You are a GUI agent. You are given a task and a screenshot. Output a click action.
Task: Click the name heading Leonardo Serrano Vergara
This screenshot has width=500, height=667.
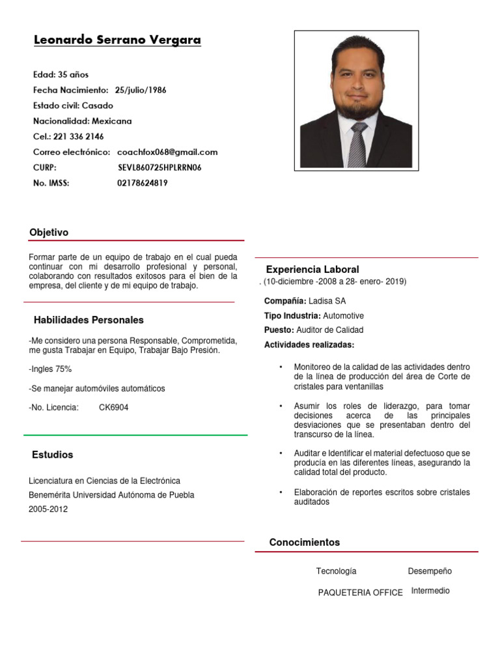(117, 40)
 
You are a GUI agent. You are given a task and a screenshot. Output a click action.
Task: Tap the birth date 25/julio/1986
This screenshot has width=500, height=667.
(141, 90)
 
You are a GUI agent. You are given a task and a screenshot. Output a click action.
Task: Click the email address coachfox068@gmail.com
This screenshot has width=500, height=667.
(167, 152)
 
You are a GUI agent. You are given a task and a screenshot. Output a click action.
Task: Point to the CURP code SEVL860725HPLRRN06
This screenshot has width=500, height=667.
(160, 168)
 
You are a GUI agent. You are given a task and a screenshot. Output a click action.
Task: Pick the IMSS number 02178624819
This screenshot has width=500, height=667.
(143, 184)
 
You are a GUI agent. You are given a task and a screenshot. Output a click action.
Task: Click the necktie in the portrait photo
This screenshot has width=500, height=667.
(357, 145)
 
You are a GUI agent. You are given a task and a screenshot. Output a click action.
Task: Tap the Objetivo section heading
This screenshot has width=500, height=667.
(49, 233)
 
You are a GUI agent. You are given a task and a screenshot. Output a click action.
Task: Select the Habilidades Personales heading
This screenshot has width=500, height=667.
(89, 320)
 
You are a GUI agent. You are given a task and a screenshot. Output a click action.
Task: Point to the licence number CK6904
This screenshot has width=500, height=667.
(113, 408)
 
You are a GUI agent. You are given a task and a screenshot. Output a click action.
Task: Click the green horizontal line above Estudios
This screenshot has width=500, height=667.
(135, 434)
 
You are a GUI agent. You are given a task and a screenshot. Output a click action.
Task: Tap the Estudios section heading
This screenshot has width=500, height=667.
(53, 455)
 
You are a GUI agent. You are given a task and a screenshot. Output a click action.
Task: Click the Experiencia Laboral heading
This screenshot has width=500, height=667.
(312, 270)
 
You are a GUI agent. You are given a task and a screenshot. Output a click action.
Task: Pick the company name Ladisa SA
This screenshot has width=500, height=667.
(327, 301)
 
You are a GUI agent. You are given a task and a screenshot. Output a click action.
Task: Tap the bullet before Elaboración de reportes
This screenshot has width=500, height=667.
(281, 492)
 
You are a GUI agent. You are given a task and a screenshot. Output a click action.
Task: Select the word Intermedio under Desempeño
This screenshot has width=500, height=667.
(430, 591)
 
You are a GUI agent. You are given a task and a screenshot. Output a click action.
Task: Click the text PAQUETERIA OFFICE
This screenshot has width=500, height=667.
(360, 593)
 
